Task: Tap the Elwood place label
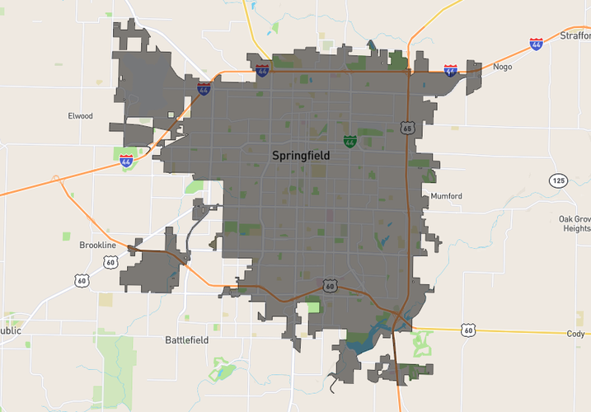(x=80, y=116)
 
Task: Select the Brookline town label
(x=98, y=246)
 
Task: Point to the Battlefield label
(x=187, y=339)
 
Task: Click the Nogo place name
(x=502, y=67)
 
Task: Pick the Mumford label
(x=446, y=196)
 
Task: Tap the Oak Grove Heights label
(x=575, y=223)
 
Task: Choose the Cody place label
(x=575, y=334)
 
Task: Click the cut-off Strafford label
(x=575, y=35)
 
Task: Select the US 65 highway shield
(x=407, y=128)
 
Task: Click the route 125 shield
(x=558, y=180)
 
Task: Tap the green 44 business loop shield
(x=350, y=142)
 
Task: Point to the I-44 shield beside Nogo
(x=450, y=71)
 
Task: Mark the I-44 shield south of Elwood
(x=126, y=161)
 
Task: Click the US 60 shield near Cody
(x=468, y=330)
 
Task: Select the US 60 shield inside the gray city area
(x=330, y=286)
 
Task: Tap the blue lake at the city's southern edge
(x=367, y=338)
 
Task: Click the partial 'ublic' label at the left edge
(x=10, y=330)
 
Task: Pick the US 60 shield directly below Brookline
(x=110, y=262)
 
